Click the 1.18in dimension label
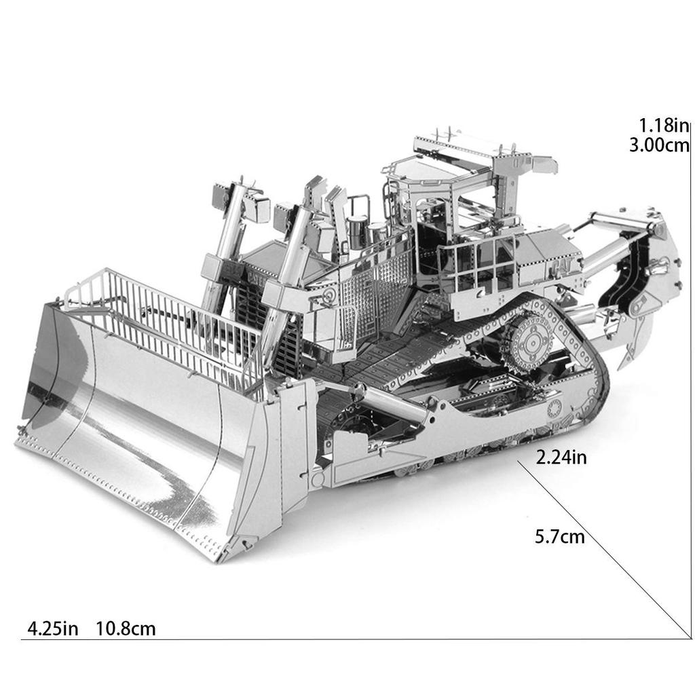[x=664, y=126]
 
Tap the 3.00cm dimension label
[x=658, y=145]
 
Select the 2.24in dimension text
[x=561, y=457]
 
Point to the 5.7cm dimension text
[x=559, y=538]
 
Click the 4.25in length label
[x=52, y=629]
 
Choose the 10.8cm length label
[x=126, y=629]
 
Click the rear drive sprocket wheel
[x=530, y=341]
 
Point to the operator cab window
[x=434, y=204]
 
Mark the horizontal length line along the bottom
[x=339, y=639]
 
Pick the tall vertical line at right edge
[x=690, y=380]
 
